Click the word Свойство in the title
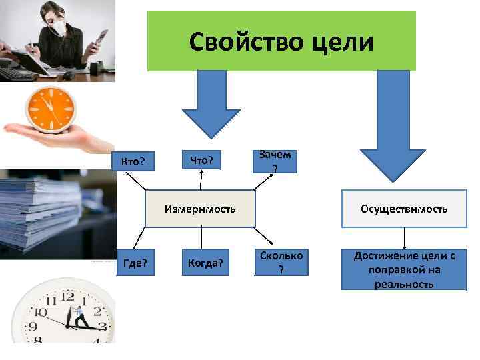pyautogui.click(x=236, y=42)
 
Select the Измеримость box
pyautogui.click(x=200, y=209)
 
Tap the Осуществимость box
pyautogui.click(x=404, y=209)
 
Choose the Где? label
pyautogui.click(x=136, y=265)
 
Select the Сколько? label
pyautogui.click(x=281, y=262)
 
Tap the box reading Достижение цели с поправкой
pyautogui.click(x=404, y=269)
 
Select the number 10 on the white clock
pyautogui.click(x=42, y=311)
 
